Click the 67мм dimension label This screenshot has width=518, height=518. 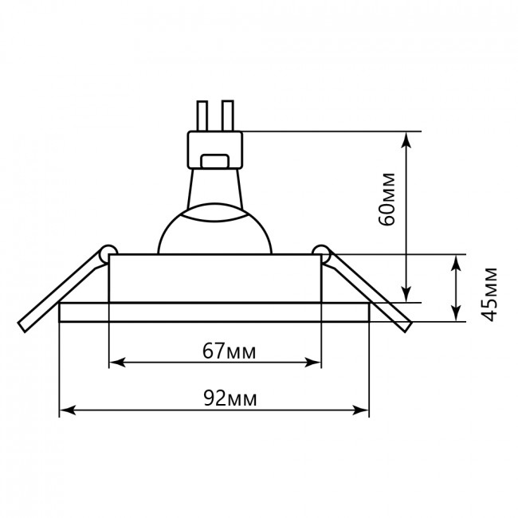(229, 351)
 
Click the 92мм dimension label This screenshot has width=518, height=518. (230, 398)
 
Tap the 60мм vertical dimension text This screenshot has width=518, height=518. (387, 199)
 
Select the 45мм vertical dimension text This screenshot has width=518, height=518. (489, 294)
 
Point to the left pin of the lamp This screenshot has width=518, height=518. (202, 116)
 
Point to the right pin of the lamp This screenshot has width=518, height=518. (228, 116)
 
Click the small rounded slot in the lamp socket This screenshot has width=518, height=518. (215, 161)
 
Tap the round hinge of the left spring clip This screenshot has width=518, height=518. (109, 253)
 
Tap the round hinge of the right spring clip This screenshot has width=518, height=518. (321, 253)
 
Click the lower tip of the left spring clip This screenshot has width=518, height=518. (22, 327)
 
